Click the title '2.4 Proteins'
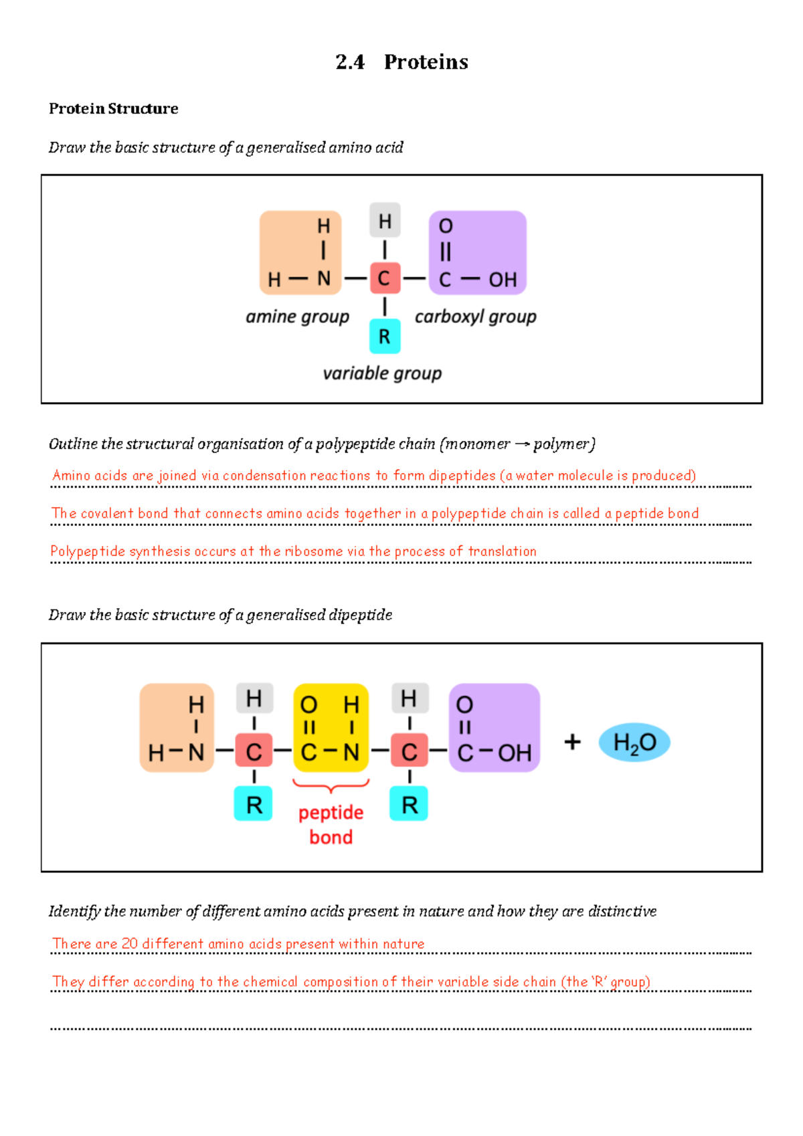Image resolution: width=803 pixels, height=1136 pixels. click(401, 62)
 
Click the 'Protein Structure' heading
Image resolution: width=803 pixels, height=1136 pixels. click(113, 108)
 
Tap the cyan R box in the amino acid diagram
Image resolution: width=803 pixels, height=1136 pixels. click(385, 337)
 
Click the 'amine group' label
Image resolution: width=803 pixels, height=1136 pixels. click(297, 316)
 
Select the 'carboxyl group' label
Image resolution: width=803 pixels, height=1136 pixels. click(475, 316)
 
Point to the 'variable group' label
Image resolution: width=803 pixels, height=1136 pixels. click(382, 373)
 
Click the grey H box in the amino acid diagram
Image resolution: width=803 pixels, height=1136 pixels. click(385, 221)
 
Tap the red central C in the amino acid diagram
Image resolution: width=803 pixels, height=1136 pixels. click(384, 278)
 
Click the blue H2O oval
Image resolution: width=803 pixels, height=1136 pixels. click(634, 743)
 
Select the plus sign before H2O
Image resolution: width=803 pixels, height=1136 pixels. click(572, 742)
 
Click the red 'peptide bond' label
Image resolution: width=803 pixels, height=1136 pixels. click(331, 825)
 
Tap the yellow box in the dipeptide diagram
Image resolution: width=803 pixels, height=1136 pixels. click(331, 727)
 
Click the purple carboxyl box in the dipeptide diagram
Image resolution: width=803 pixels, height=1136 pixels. click(494, 727)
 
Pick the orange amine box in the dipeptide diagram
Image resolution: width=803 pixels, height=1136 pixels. click(177, 727)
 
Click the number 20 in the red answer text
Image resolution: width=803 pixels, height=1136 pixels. click(130, 943)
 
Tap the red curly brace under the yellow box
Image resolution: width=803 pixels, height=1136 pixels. click(331, 785)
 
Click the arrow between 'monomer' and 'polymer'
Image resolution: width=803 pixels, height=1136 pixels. click(522, 444)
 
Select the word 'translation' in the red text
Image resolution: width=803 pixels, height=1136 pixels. click(502, 551)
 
